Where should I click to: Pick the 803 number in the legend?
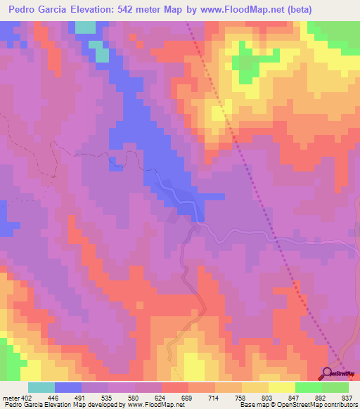point(266,397)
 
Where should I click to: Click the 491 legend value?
point(82,397)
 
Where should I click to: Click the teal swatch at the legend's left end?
point(41,387)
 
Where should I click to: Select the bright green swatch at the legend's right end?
point(335,387)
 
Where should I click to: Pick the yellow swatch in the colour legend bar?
point(282,387)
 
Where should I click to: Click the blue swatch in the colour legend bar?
point(68,387)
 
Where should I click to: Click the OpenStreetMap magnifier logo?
point(328,373)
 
